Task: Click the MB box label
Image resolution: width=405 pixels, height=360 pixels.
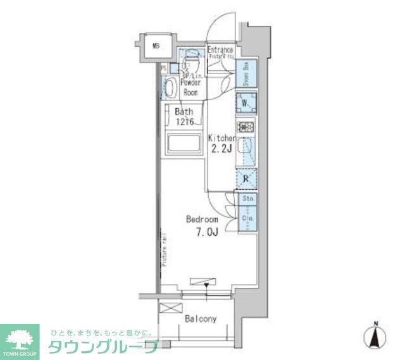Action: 156,46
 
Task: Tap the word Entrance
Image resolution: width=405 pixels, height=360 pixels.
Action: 220,50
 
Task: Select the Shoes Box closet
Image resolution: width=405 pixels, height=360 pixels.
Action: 246,75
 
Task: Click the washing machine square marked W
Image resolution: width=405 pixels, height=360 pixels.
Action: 246,102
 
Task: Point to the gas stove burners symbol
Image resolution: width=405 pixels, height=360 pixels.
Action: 246,127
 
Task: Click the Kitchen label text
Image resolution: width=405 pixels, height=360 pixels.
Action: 222,138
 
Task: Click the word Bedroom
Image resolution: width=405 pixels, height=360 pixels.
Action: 202,219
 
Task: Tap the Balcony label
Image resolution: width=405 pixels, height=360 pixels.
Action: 201,319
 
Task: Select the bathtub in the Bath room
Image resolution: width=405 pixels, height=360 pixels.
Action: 183,144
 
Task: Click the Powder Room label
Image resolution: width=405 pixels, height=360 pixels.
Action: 190,87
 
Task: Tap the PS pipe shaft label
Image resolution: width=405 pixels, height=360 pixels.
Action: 163,68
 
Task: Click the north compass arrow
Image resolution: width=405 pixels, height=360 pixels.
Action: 375,337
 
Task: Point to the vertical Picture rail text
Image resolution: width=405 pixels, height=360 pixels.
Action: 163,250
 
